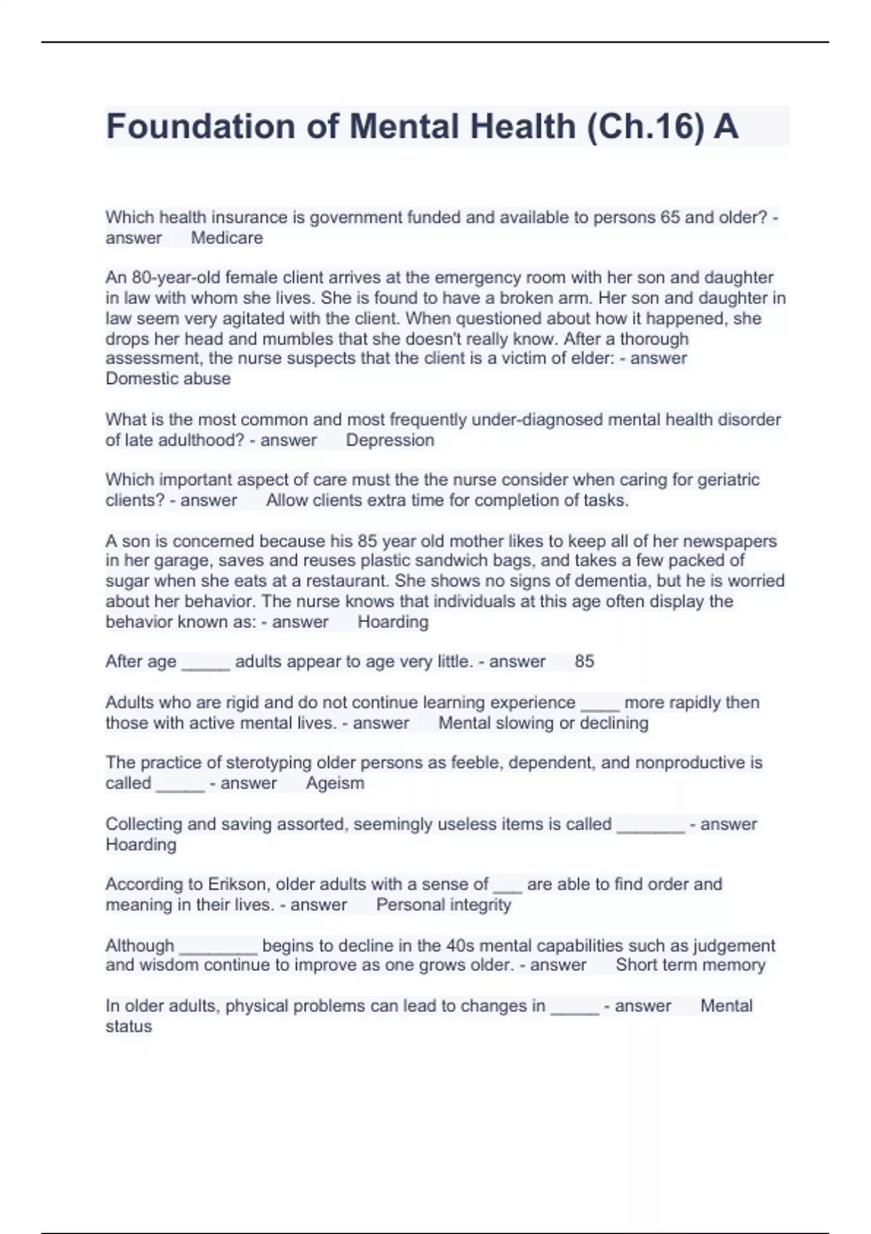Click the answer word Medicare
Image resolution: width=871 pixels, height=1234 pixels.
226,238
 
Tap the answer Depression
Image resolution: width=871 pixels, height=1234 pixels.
390,440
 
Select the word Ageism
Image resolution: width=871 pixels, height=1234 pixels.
335,783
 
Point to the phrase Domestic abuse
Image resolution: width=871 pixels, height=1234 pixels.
168,378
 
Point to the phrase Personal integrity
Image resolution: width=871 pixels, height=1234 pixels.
443,904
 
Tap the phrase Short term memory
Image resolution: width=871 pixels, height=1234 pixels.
690,965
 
